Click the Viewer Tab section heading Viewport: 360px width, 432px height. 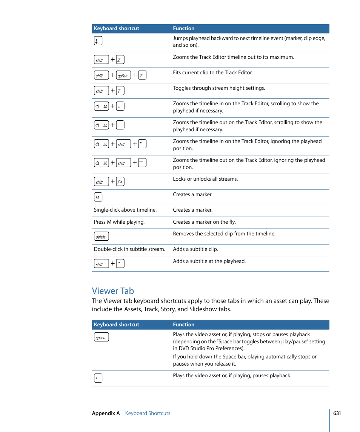(x=113, y=291)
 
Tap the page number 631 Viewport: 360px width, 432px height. (x=337, y=413)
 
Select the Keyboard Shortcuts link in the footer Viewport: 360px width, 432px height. (x=148, y=413)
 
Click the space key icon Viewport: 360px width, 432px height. (x=101, y=337)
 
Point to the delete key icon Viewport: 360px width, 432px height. (x=101, y=237)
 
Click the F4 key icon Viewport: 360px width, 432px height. (x=120, y=182)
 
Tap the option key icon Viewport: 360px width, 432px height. (x=123, y=75)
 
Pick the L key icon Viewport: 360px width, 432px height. (x=98, y=378)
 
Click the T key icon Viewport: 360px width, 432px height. (x=120, y=91)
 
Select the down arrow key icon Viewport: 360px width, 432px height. (x=98, y=41)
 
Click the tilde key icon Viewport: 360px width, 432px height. (x=120, y=263)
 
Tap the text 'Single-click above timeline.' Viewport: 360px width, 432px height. (x=125, y=210)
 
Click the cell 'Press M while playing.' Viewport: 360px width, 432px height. (x=119, y=222)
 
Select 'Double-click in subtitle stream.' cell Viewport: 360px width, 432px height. (x=129, y=249)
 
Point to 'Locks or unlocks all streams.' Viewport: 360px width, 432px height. (x=205, y=179)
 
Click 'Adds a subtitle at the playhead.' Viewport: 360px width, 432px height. (x=209, y=261)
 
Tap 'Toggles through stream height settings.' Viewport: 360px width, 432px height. (x=219, y=88)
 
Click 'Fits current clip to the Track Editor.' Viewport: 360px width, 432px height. (x=213, y=72)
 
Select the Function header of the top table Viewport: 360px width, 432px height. (x=184, y=28)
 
